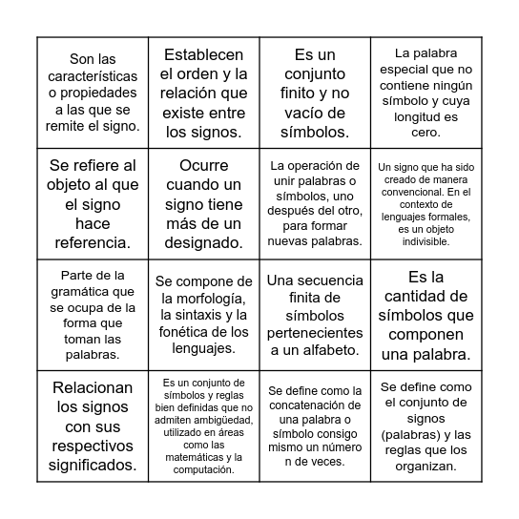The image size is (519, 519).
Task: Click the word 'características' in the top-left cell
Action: (x=93, y=75)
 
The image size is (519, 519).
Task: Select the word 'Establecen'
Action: (x=203, y=54)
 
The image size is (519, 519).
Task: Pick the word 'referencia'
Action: (x=93, y=242)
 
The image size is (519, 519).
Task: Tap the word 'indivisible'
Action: (x=426, y=242)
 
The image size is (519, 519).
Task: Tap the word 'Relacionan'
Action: (x=93, y=388)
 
